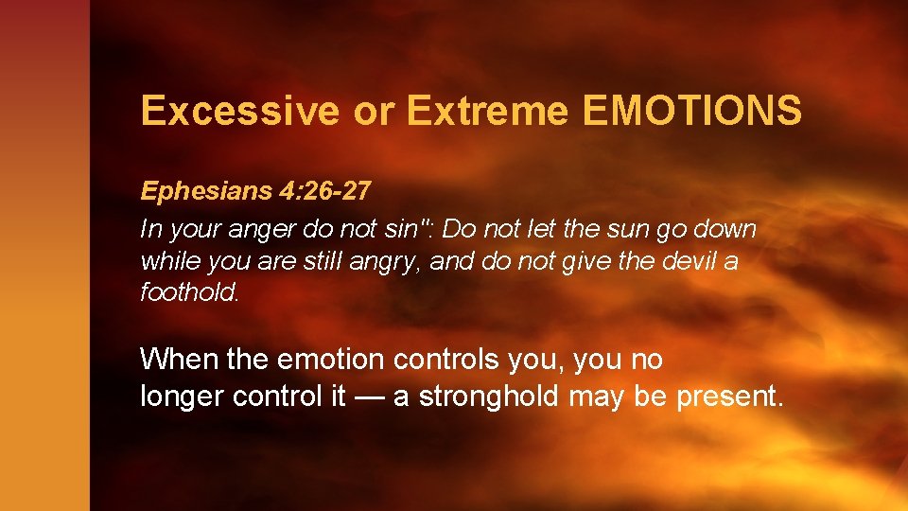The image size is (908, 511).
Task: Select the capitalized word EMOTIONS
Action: [x=692, y=111]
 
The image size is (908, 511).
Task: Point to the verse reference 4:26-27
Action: [x=323, y=191]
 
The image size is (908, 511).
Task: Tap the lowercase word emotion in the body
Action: [x=331, y=360]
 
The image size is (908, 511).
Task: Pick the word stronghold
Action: [x=489, y=396]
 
